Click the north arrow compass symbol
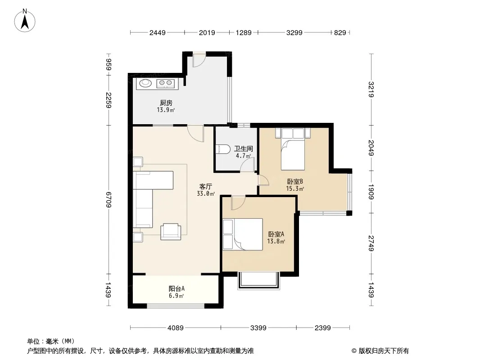[25, 21]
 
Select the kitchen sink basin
[145, 83]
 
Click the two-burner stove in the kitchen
[166, 83]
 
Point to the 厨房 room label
[166, 103]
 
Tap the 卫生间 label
[244, 148]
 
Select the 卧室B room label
[295, 182]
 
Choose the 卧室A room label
[276, 234]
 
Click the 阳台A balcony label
[177, 288]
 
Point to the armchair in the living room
[171, 232]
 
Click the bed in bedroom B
[293, 149]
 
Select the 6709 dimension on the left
[109, 200]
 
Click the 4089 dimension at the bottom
[176, 328]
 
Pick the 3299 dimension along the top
[294, 32]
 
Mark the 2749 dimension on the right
[371, 243]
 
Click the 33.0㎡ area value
[206, 193]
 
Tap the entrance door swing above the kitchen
[198, 61]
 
